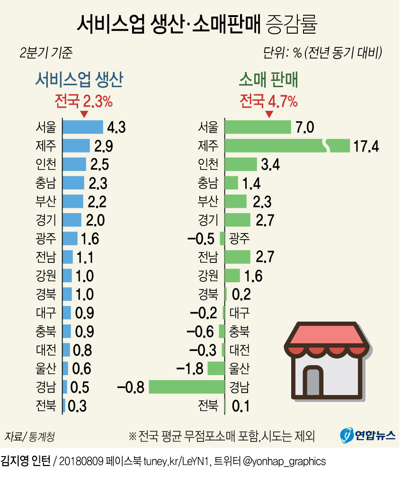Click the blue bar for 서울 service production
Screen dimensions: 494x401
[x=83, y=127]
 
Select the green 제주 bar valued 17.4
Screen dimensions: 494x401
[x=286, y=145]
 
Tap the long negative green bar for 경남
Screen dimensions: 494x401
[x=187, y=387]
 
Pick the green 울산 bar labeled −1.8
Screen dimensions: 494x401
[x=215, y=368]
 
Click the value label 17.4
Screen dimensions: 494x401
[x=366, y=146]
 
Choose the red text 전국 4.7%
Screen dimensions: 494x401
[x=268, y=101]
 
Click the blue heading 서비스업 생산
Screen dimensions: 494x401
[x=79, y=80]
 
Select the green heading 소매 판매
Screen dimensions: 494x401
[x=268, y=80]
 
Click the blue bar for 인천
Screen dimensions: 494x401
[x=74, y=164]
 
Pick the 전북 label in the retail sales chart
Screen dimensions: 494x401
[x=208, y=406]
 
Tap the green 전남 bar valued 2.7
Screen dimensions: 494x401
[x=237, y=257]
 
